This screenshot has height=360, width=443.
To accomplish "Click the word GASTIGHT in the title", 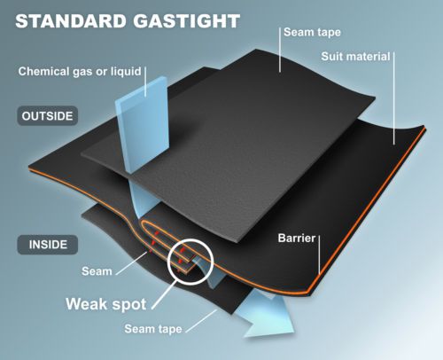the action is pos(186,21).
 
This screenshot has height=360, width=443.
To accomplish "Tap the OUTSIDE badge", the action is pos(47,116).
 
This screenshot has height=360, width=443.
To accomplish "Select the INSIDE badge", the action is pos(48,245).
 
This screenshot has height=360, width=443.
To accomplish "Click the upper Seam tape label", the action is pos(312,33).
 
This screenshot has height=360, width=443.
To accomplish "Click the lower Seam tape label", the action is pos(153,329).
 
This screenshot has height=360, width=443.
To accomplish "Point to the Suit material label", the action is pos(355,57).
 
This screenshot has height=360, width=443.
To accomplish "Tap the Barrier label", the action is pos(297,239).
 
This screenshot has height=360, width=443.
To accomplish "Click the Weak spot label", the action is pos(106,304).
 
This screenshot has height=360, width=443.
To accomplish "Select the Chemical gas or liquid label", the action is pos(80,72).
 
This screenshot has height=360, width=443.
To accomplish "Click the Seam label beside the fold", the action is pos(97,271).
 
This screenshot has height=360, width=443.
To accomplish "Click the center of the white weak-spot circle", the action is pos(190,262).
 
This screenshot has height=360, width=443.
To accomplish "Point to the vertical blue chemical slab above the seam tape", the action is pos(142,124).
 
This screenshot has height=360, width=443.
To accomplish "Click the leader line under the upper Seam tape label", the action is pos(280,50).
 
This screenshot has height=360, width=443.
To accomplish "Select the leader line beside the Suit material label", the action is pos(394,98).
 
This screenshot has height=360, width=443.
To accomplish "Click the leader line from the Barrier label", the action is pos(319,254).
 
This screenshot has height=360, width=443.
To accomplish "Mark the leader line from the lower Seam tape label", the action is pos(201,321).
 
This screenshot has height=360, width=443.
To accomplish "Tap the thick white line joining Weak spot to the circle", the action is pos(165,294).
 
